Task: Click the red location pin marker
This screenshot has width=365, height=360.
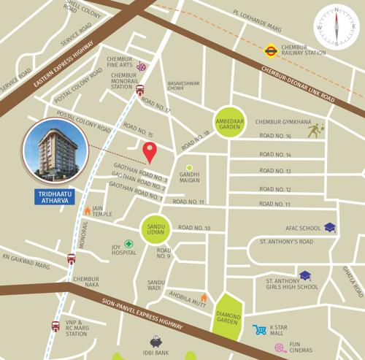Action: coord(150,153)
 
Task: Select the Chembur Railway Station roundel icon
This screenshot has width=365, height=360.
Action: coord(269,51)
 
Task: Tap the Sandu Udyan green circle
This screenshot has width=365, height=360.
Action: coord(155,227)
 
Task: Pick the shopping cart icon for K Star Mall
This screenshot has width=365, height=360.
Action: coord(259,330)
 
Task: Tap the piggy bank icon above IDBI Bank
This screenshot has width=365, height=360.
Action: coord(155,342)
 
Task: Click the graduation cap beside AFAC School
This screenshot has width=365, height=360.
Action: coord(330,228)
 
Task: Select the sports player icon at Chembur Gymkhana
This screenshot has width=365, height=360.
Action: coord(315,130)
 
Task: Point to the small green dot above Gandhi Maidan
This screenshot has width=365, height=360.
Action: coord(189,167)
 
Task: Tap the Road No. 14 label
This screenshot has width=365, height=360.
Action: coord(275,155)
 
